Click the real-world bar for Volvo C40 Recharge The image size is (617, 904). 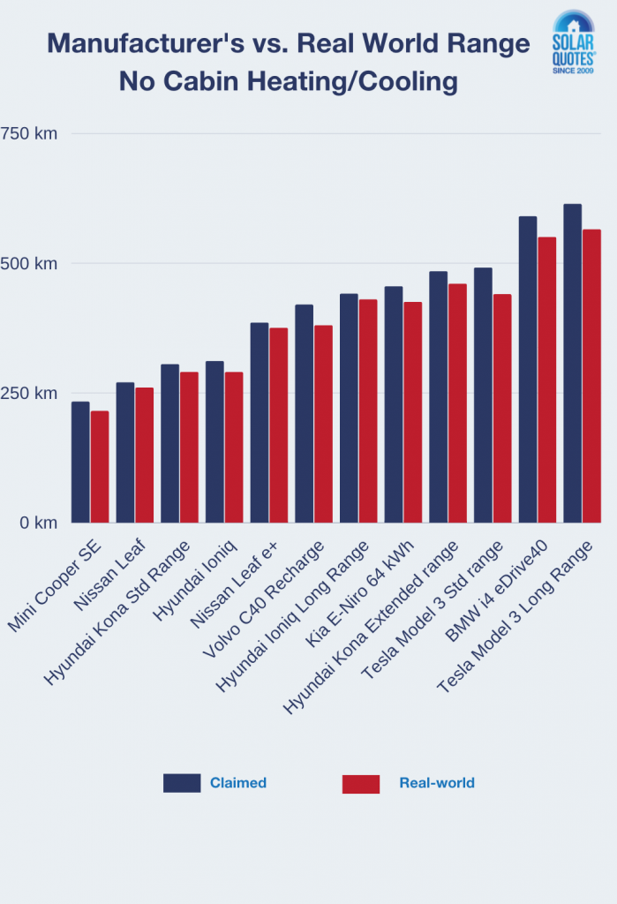click(323, 424)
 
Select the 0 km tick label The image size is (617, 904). click(39, 523)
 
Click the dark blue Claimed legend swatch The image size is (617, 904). click(182, 783)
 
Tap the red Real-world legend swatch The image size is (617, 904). click(360, 783)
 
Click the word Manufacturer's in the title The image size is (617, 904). click(158, 43)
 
